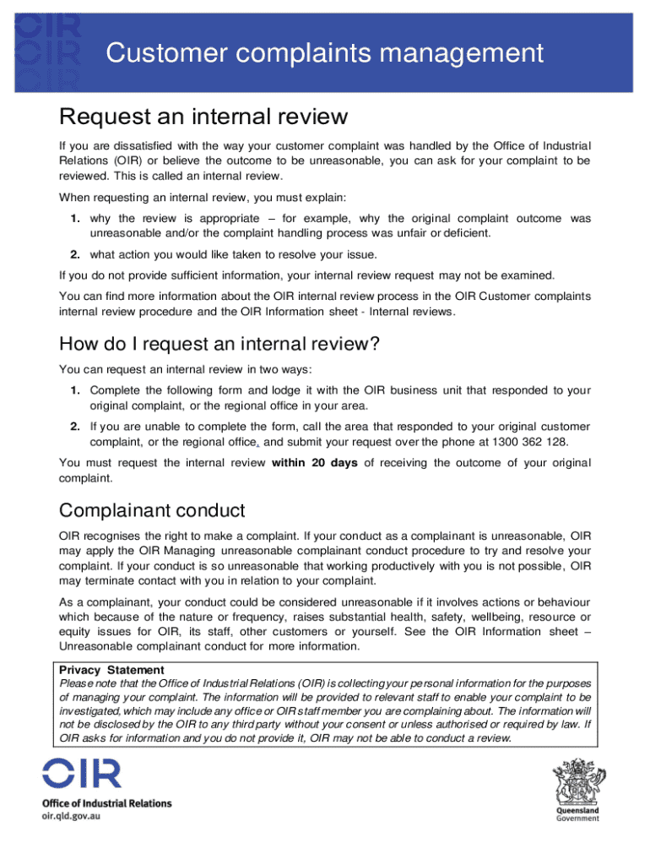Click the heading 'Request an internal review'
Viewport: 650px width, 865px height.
tap(203, 116)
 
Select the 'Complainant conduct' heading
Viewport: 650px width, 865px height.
tap(151, 510)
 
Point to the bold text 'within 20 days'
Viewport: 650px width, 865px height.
tap(315, 462)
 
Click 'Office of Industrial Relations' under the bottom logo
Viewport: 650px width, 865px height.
tap(106, 803)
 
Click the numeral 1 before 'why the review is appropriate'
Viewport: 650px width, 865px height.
tap(75, 219)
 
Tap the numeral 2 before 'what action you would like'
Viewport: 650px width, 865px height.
tap(75, 254)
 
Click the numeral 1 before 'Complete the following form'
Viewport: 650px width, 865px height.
tap(75, 389)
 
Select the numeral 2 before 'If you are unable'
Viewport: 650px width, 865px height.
tap(75, 426)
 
